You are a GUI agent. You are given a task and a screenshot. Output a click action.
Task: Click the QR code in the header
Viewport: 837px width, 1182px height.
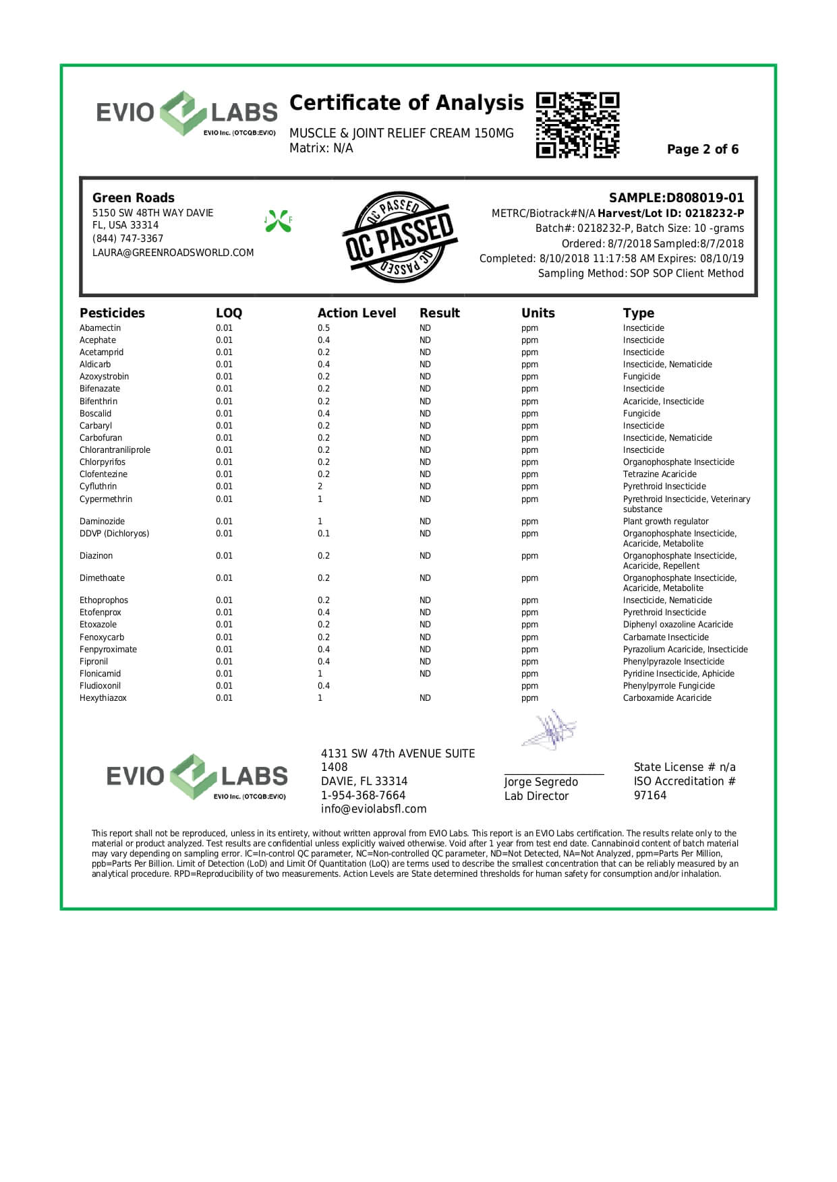577,125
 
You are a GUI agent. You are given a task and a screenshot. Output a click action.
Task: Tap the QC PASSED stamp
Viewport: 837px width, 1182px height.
400,237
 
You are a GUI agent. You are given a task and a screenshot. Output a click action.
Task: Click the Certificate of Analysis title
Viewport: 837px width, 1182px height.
406,103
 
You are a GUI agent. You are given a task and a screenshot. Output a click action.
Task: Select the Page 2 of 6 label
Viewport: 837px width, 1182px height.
702,150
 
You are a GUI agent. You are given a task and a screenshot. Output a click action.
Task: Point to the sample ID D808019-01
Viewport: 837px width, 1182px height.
705,198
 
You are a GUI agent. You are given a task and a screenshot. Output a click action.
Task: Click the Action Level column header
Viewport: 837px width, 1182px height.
357,313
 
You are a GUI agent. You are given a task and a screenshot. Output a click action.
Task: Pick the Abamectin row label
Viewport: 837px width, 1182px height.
100,328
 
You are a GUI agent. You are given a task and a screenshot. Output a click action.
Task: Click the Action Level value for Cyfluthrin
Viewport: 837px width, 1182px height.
320,487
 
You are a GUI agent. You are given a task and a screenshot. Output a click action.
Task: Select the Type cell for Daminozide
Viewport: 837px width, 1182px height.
666,522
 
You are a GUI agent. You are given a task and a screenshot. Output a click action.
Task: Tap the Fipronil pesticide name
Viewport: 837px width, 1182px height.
94,662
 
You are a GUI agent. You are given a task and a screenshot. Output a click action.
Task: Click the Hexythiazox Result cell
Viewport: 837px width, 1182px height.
425,698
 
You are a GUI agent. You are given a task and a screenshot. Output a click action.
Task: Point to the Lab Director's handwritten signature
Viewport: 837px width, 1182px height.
550,730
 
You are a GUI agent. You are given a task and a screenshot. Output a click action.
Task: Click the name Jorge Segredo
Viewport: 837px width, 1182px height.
541,782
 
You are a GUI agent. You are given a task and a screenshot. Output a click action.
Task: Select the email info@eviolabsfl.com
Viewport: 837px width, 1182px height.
374,809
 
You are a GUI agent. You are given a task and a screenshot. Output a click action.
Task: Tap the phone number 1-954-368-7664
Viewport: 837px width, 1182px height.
363,796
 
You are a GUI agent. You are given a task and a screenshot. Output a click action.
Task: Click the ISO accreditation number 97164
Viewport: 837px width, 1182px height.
650,796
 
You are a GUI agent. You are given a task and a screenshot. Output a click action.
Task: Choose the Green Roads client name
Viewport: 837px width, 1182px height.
134,198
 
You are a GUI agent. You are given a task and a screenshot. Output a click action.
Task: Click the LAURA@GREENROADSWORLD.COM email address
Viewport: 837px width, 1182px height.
173,253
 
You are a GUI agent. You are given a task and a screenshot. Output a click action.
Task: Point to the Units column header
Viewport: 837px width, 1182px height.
538,313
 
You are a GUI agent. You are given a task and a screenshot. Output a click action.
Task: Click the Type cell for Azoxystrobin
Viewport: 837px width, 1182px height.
641,377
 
